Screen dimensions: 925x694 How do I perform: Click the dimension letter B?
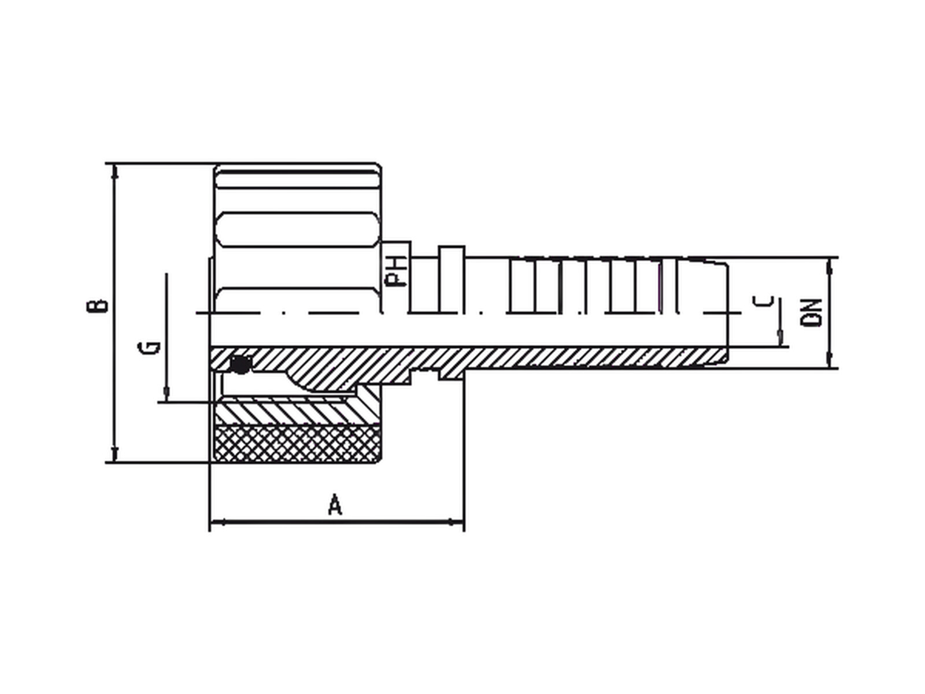click(x=97, y=307)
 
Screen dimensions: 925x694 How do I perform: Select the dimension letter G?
click(x=149, y=348)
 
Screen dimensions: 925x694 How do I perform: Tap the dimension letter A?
click(x=335, y=505)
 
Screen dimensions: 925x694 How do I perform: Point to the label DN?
click(x=811, y=313)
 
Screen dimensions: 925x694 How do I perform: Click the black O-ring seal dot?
click(x=240, y=365)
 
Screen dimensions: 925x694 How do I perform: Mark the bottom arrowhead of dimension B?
click(x=114, y=454)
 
